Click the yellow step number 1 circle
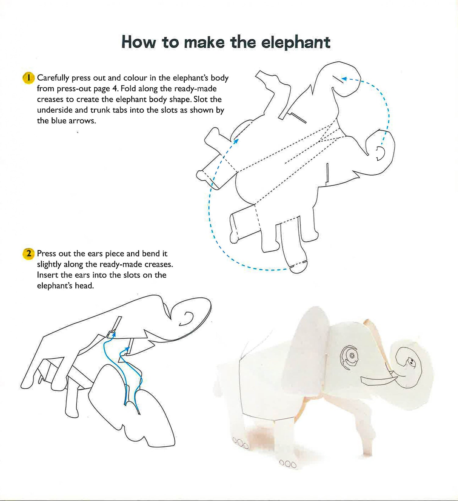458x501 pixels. pyautogui.click(x=28, y=78)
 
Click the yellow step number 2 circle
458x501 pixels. pyautogui.click(x=28, y=254)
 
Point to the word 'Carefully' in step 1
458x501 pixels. pyautogui.click(x=53, y=78)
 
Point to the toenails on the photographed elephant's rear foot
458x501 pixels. pyautogui.click(x=240, y=442)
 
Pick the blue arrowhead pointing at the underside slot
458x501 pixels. pyautogui.click(x=236, y=141)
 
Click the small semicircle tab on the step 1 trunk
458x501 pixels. pyautogui.click(x=380, y=153)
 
